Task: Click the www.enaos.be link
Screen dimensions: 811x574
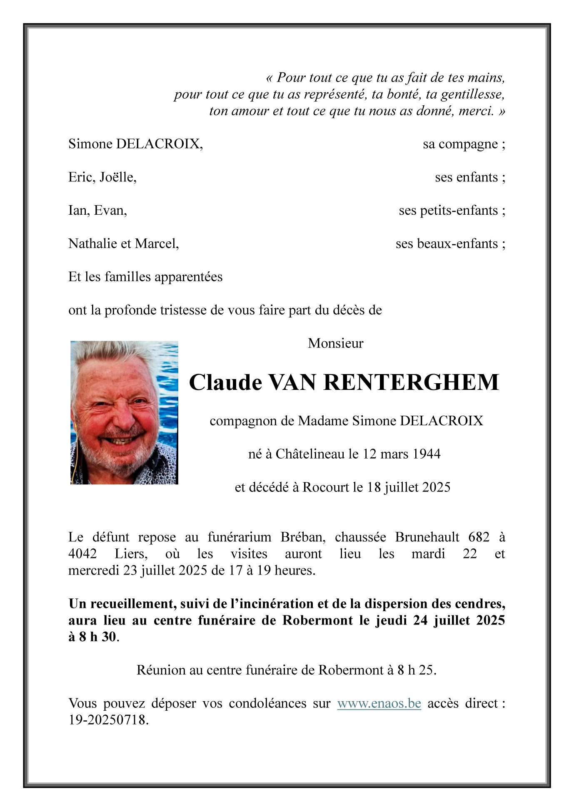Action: coord(379,703)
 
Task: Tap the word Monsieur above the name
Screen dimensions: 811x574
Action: coord(335,343)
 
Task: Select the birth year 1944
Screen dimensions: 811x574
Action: coord(424,454)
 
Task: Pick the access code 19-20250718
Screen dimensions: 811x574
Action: coord(108,720)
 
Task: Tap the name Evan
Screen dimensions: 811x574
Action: coord(110,211)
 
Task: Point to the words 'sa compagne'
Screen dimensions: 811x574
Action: coord(460,144)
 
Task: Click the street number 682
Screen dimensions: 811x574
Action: coord(479,537)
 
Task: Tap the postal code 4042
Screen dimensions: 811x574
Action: coord(82,554)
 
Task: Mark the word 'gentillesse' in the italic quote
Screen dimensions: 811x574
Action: coord(472,95)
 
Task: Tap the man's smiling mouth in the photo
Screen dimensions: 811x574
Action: coord(121,440)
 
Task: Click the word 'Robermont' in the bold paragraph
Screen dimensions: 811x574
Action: coord(317,620)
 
